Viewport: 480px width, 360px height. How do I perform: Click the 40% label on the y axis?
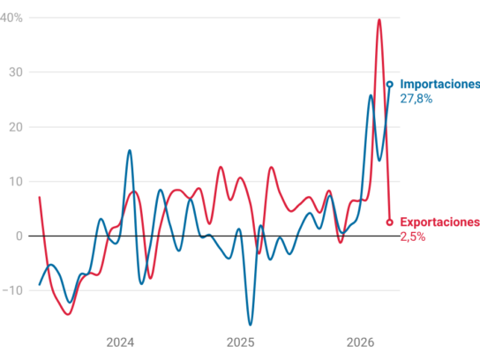(11, 18)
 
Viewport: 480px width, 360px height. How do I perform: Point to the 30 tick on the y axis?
(16, 72)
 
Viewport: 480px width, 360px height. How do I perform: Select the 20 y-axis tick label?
(16, 127)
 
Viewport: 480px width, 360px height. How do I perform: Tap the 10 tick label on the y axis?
(16, 182)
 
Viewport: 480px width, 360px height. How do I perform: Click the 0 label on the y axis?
(19, 236)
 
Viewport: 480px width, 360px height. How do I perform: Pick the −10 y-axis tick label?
(12, 290)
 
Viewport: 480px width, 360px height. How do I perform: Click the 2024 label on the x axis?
(120, 342)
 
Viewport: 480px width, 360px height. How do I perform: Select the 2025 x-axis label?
(240, 342)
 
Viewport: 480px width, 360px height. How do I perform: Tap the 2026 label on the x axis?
(360, 342)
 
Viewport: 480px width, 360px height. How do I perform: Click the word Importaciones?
(440, 84)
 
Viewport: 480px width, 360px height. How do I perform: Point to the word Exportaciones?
(440, 222)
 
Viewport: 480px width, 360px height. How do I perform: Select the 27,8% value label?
(416, 99)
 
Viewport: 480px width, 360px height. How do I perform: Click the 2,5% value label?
(413, 237)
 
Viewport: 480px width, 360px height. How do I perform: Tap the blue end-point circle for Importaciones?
(390, 85)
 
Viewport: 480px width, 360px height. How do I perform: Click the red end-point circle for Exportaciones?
(389, 222)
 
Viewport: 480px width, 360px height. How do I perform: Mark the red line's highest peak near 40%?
(379, 19)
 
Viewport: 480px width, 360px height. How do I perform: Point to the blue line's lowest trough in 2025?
(250, 325)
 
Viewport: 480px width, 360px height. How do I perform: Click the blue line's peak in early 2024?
(130, 150)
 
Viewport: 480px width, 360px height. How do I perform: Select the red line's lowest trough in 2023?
(68, 314)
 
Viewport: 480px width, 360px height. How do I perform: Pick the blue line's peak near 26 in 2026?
(371, 95)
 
